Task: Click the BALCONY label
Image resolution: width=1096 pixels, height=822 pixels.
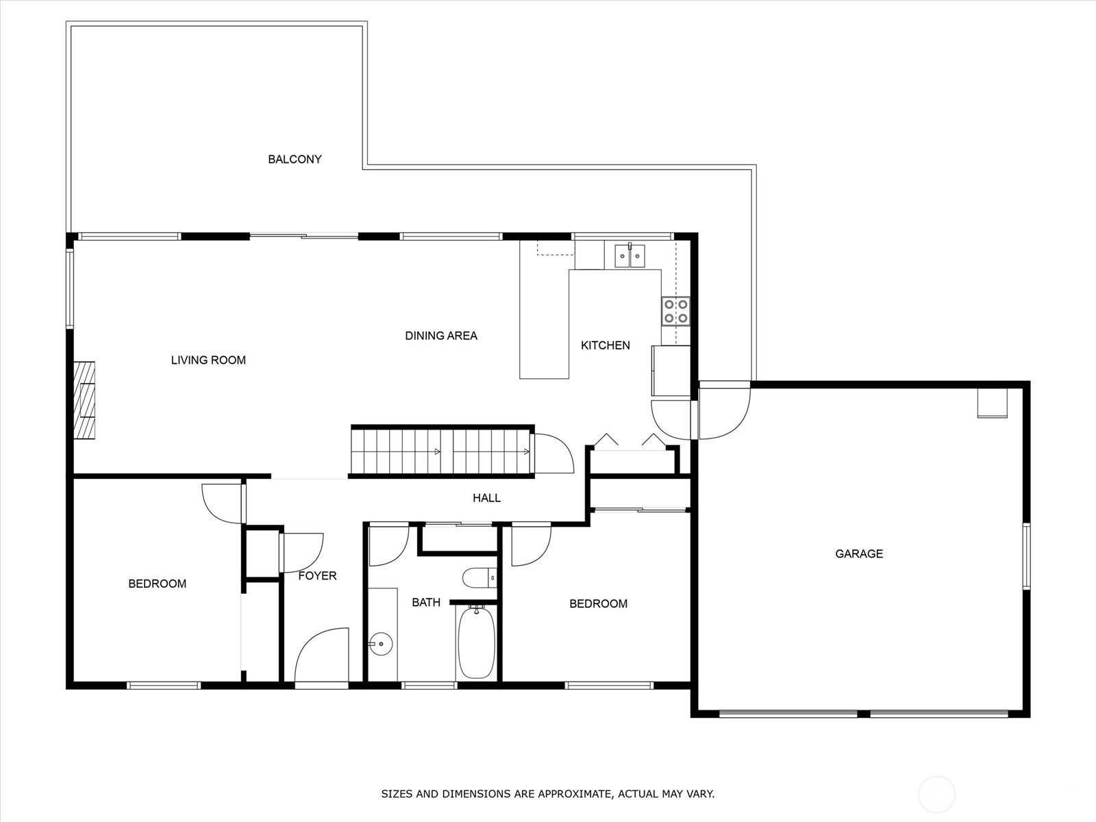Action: (x=295, y=159)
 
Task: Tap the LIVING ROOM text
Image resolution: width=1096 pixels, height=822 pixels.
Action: (x=208, y=360)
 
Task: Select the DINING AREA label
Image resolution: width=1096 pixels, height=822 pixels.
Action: (x=441, y=336)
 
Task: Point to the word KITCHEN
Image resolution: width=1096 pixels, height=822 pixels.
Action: (x=605, y=345)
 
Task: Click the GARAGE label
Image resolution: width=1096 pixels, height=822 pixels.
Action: (x=859, y=553)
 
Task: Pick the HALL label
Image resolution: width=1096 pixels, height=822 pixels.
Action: (x=486, y=497)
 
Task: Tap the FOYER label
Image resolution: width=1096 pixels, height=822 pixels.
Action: (x=317, y=576)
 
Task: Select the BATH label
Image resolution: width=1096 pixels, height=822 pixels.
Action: (x=426, y=602)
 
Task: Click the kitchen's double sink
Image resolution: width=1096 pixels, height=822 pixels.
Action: (x=629, y=255)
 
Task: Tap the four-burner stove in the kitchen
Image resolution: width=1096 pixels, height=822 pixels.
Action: (x=675, y=312)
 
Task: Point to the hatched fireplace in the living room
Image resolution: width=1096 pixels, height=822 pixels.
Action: (x=84, y=400)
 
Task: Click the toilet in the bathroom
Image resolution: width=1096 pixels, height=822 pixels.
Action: (x=480, y=578)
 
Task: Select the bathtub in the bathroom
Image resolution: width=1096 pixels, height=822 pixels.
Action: (x=476, y=643)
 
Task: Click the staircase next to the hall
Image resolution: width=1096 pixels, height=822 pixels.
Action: (x=443, y=451)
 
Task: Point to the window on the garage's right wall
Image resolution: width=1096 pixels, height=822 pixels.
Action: (x=1027, y=556)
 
